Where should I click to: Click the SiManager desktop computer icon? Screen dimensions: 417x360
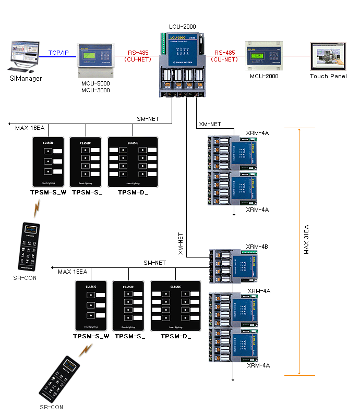(24, 57)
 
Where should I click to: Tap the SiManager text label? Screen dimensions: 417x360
(26, 79)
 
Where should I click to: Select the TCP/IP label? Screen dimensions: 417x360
(58, 53)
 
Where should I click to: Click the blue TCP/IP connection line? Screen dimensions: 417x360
(58, 57)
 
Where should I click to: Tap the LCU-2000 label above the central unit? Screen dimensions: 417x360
(183, 26)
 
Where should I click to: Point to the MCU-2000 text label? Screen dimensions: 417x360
(264, 76)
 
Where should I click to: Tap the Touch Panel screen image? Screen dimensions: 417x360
(328, 56)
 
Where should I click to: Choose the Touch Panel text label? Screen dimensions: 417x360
(328, 76)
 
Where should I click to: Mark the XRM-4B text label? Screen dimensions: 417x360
(257, 247)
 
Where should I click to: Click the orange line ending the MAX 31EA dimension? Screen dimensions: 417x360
(299, 375)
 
